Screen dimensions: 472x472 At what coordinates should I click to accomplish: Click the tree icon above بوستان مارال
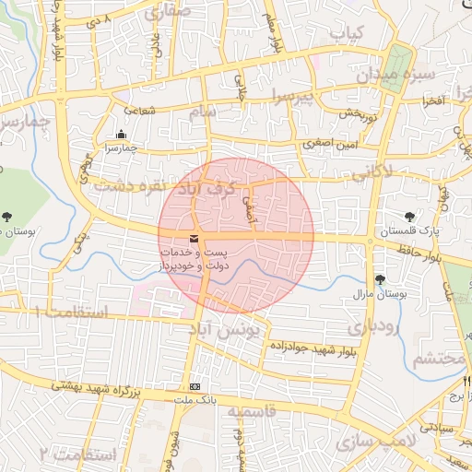[379, 279]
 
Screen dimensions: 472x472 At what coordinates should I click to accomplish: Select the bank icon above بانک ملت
[194, 386]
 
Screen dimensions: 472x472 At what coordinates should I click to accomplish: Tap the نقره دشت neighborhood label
[128, 185]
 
